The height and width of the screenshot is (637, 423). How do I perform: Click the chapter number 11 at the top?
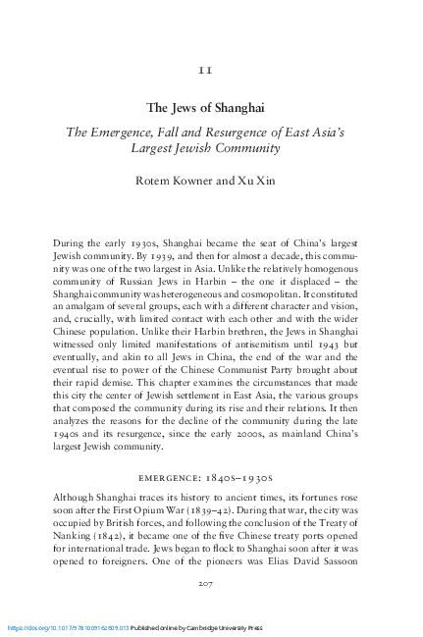click(x=211, y=70)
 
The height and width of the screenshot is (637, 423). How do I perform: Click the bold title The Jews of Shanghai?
click(x=211, y=108)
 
